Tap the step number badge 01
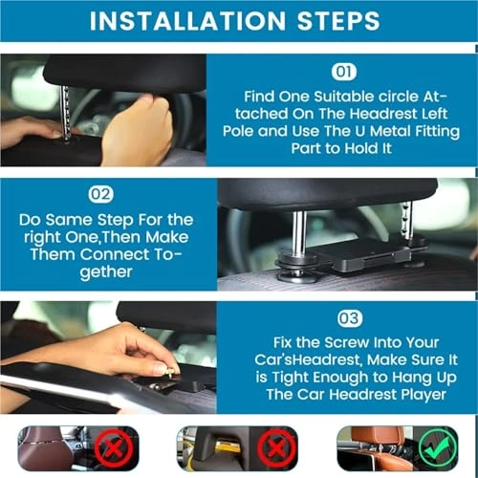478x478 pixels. [342, 73]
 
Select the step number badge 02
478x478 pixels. [100, 194]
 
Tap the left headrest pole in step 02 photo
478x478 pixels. [298, 234]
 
